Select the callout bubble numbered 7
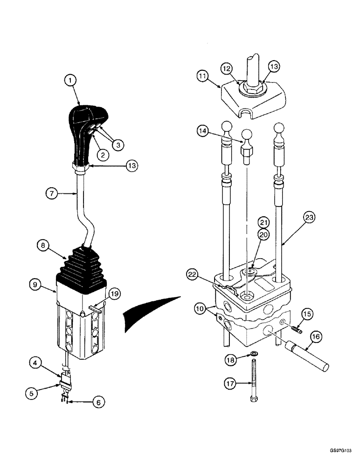coord(51,192)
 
